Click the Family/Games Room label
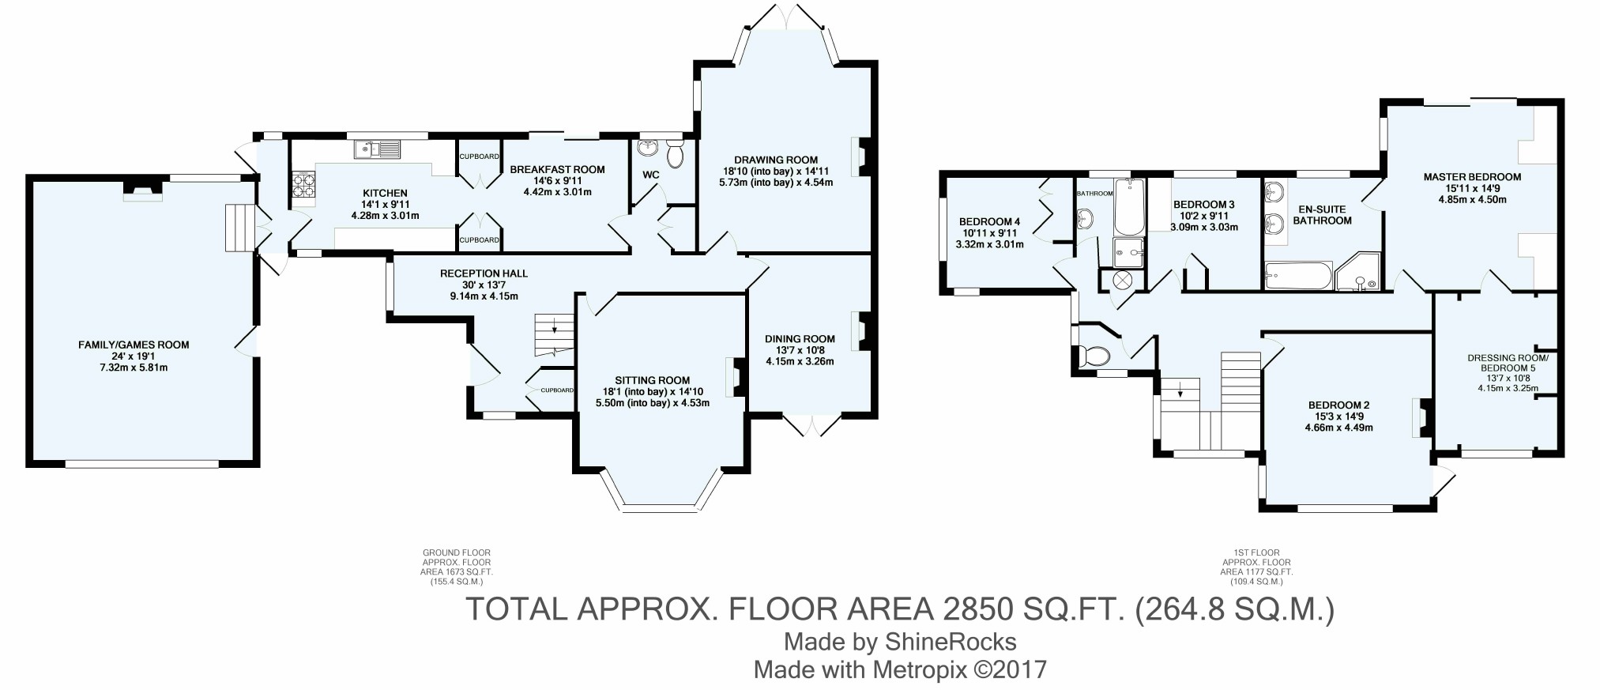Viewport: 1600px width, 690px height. click(134, 345)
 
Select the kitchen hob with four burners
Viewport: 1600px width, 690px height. click(303, 190)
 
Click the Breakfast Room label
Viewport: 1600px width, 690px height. click(557, 169)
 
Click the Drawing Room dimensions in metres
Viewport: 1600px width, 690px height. click(776, 183)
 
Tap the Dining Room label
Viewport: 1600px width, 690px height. click(800, 339)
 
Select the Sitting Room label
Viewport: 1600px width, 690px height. click(653, 380)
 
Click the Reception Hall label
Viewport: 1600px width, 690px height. click(484, 273)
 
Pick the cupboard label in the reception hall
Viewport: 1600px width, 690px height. click(557, 390)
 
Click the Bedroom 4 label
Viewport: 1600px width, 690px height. click(990, 221)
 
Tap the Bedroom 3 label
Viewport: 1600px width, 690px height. click(1204, 205)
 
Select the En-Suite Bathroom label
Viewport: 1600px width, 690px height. click(1322, 215)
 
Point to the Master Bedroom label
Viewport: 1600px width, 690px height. click(1472, 177)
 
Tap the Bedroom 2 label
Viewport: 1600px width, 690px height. click(1338, 405)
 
